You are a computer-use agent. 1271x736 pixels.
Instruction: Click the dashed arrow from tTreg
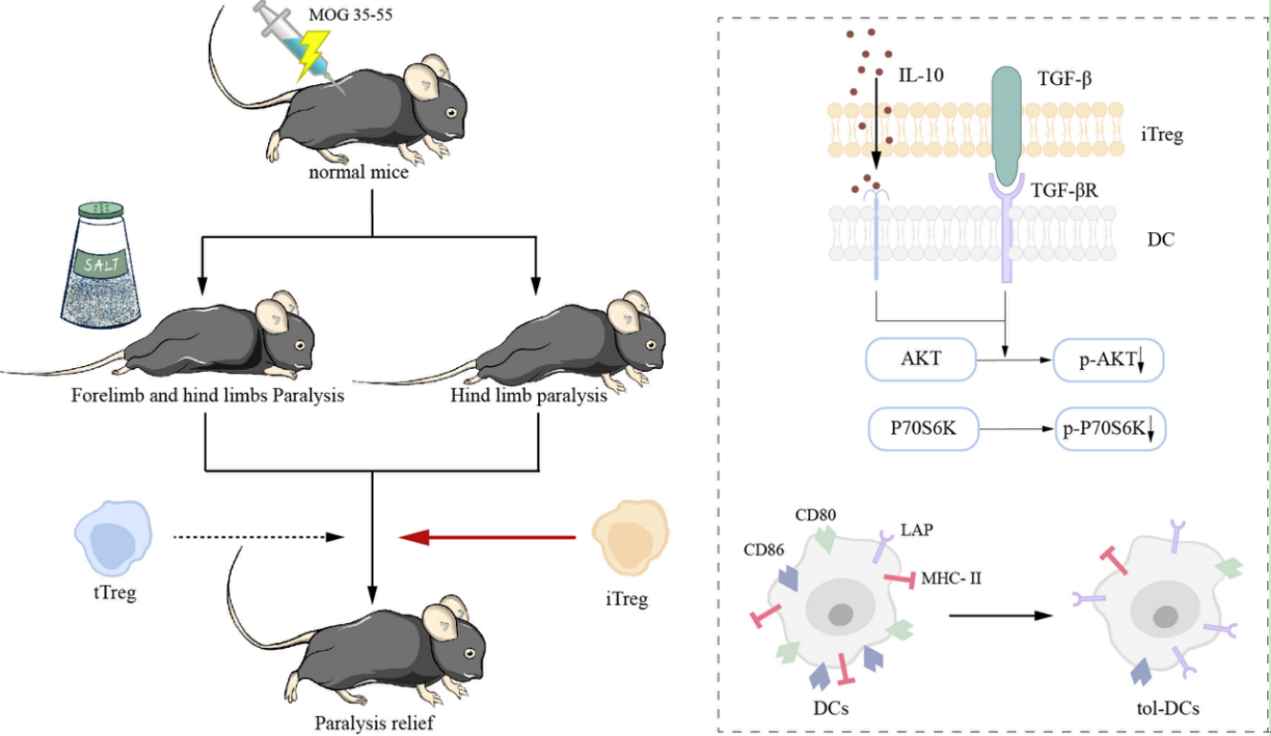tap(259, 537)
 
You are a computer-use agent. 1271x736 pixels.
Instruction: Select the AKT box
tap(919, 360)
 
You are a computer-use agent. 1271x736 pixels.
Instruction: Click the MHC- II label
tap(951, 578)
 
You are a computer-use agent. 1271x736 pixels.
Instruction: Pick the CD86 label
tap(764, 550)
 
